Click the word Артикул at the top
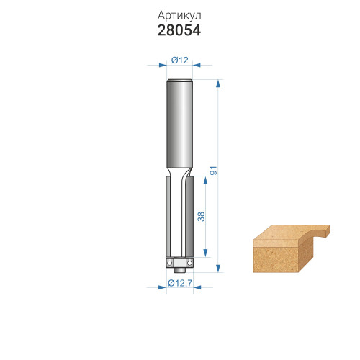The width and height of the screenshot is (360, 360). click(x=179, y=16)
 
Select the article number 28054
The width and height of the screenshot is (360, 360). click(x=179, y=31)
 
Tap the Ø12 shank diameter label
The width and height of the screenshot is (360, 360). click(x=180, y=60)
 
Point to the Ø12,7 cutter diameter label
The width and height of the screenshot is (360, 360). click(x=180, y=283)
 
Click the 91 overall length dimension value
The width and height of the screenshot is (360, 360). click(x=213, y=170)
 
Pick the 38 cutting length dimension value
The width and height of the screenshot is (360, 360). click(x=201, y=217)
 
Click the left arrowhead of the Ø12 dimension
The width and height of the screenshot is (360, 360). click(x=163, y=65)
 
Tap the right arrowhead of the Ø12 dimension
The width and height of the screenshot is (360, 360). click(x=197, y=65)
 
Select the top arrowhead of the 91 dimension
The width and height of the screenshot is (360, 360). click(x=218, y=84)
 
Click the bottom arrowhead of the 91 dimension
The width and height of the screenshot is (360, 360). click(x=218, y=269)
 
